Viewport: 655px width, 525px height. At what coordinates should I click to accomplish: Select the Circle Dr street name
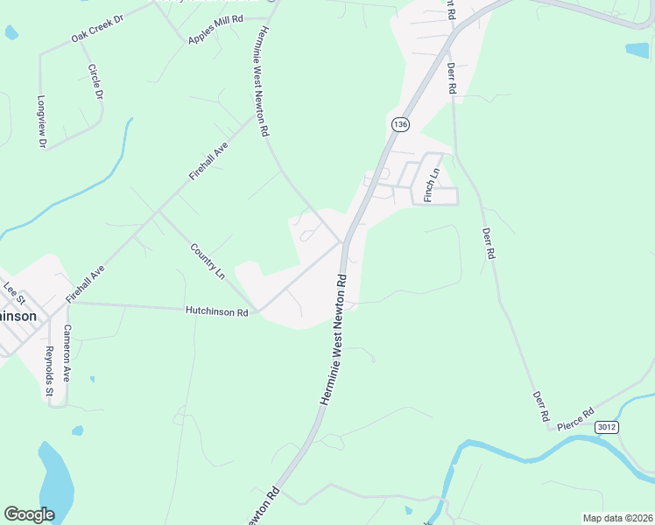click(x=95, y=81)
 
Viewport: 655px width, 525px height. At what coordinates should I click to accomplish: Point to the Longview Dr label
click(x=41, y=121)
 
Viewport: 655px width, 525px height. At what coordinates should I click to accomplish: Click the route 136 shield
click(x=400, y=125)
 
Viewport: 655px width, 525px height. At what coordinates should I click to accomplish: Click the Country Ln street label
click(x=208, y=261)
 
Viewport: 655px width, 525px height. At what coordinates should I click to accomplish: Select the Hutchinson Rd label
click(x=217, y=311)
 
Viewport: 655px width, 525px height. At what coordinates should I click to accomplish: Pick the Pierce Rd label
click(x=576, y=417)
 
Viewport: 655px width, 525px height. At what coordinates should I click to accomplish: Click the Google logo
click(x=29, y=514)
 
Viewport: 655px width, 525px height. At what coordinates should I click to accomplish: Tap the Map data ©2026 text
click(x=616, y=518)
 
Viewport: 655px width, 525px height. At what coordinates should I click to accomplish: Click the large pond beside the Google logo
click(x=54, y=479)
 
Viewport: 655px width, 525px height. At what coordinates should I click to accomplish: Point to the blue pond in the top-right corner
click(x=637, y=50)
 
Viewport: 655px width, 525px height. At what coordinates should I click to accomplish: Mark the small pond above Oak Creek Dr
click(x=11, y=32)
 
